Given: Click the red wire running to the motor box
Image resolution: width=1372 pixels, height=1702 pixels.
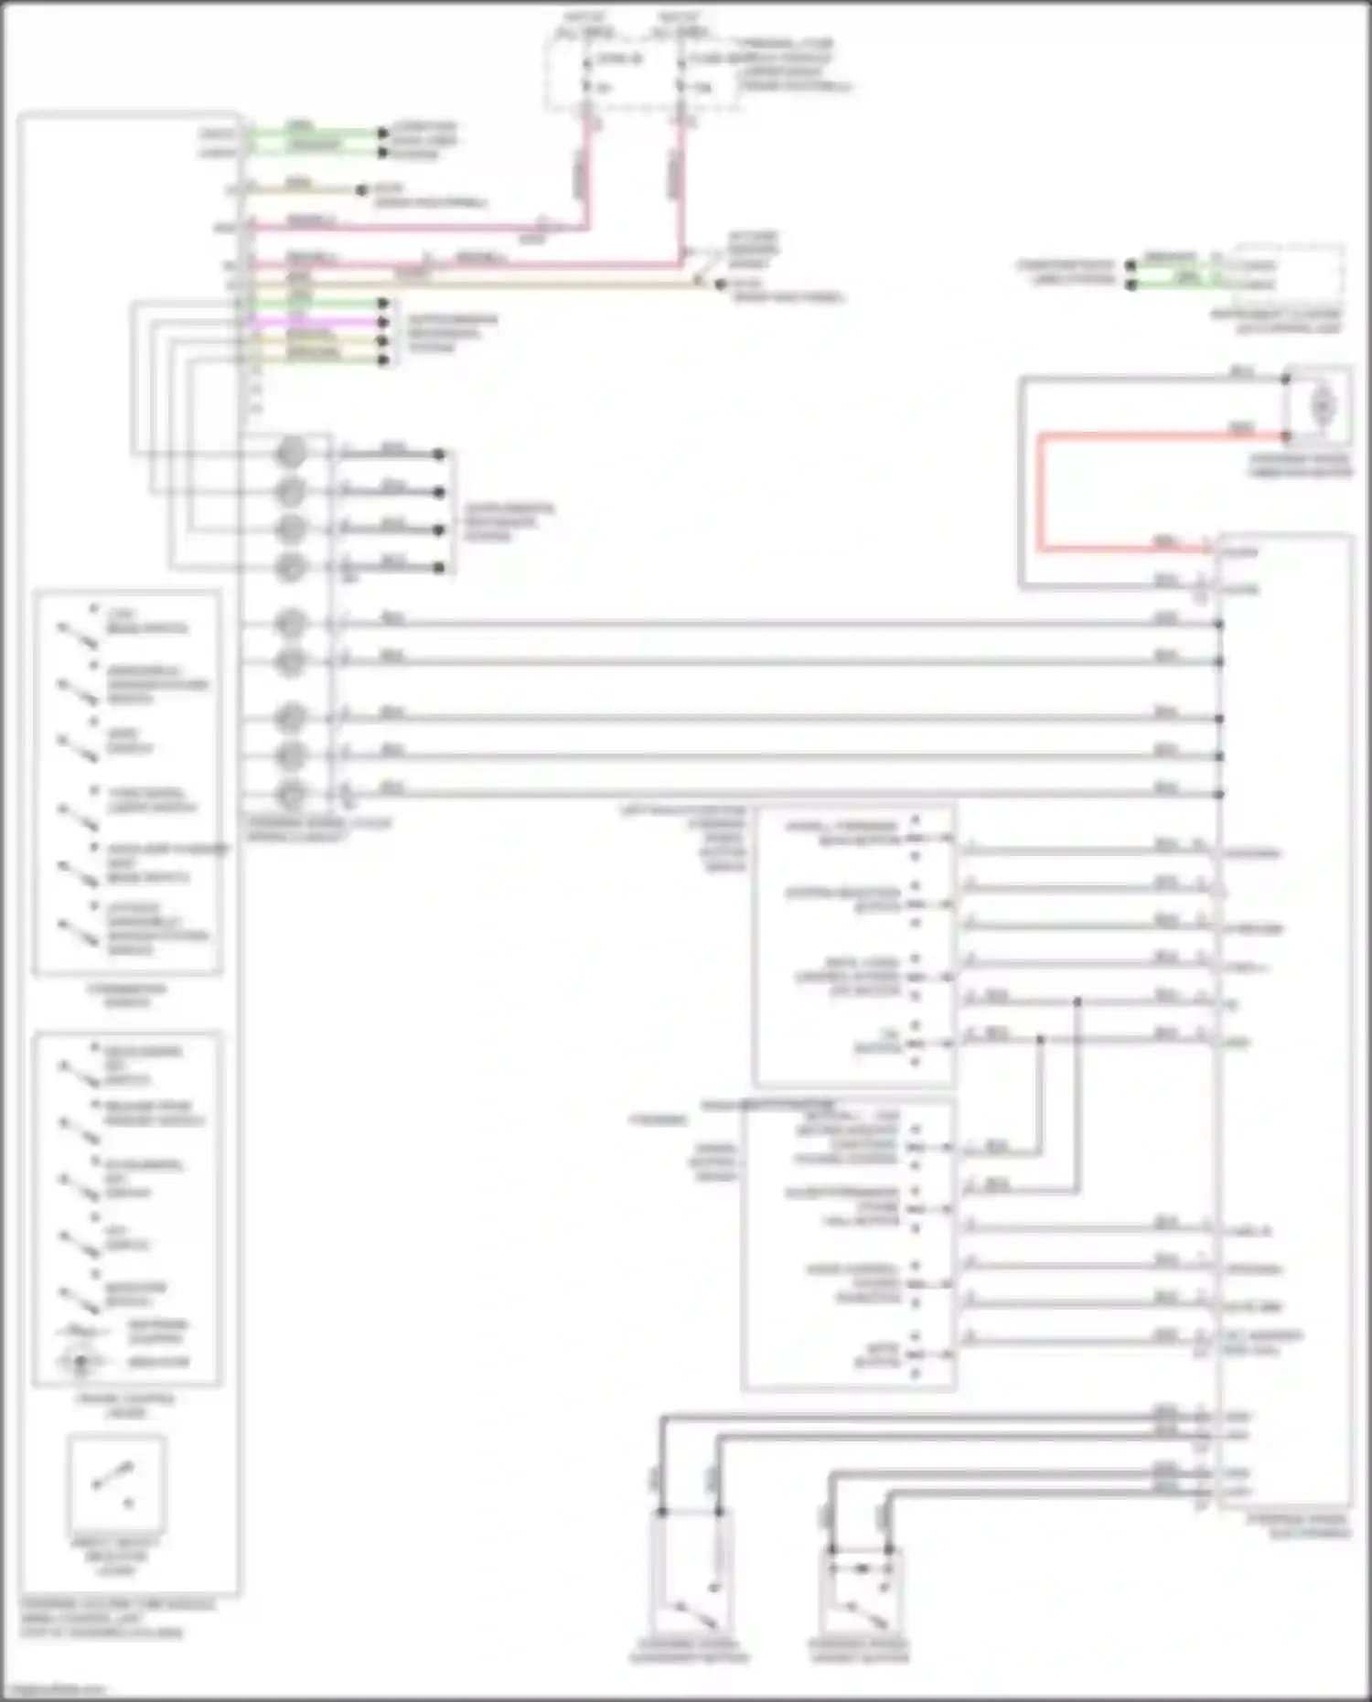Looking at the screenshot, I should tap(1040, 494).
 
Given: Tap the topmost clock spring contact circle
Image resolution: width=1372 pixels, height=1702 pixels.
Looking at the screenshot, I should tap(291, 453).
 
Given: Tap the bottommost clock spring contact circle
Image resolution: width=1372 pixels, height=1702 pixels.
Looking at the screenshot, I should tap(291, 794).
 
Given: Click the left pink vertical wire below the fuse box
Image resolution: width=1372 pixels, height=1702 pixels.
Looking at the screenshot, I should tap(586, 174).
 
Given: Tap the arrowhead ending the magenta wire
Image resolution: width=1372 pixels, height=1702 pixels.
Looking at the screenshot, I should tap(383, 322).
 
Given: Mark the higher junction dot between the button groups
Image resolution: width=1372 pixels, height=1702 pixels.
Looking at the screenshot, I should tap(1077, 1002).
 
